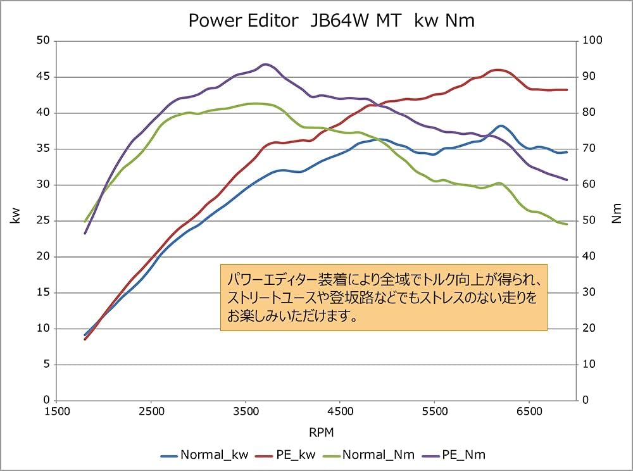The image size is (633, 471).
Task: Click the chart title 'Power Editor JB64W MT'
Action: [332, 21]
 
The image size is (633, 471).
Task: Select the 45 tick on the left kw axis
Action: [43, 77]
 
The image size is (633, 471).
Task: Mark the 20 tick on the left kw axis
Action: [43, 256]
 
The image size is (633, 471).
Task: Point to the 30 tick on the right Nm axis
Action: [589, 292]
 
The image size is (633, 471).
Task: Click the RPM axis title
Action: [321, 432]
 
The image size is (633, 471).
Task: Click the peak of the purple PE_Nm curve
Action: [266, 65]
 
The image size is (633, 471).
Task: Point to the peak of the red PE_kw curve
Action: [498, 70]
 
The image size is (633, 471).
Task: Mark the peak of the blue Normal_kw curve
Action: [501, 126]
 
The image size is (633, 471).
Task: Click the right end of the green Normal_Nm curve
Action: [567, 224]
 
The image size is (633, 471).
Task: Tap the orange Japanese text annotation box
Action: [384, 297]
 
